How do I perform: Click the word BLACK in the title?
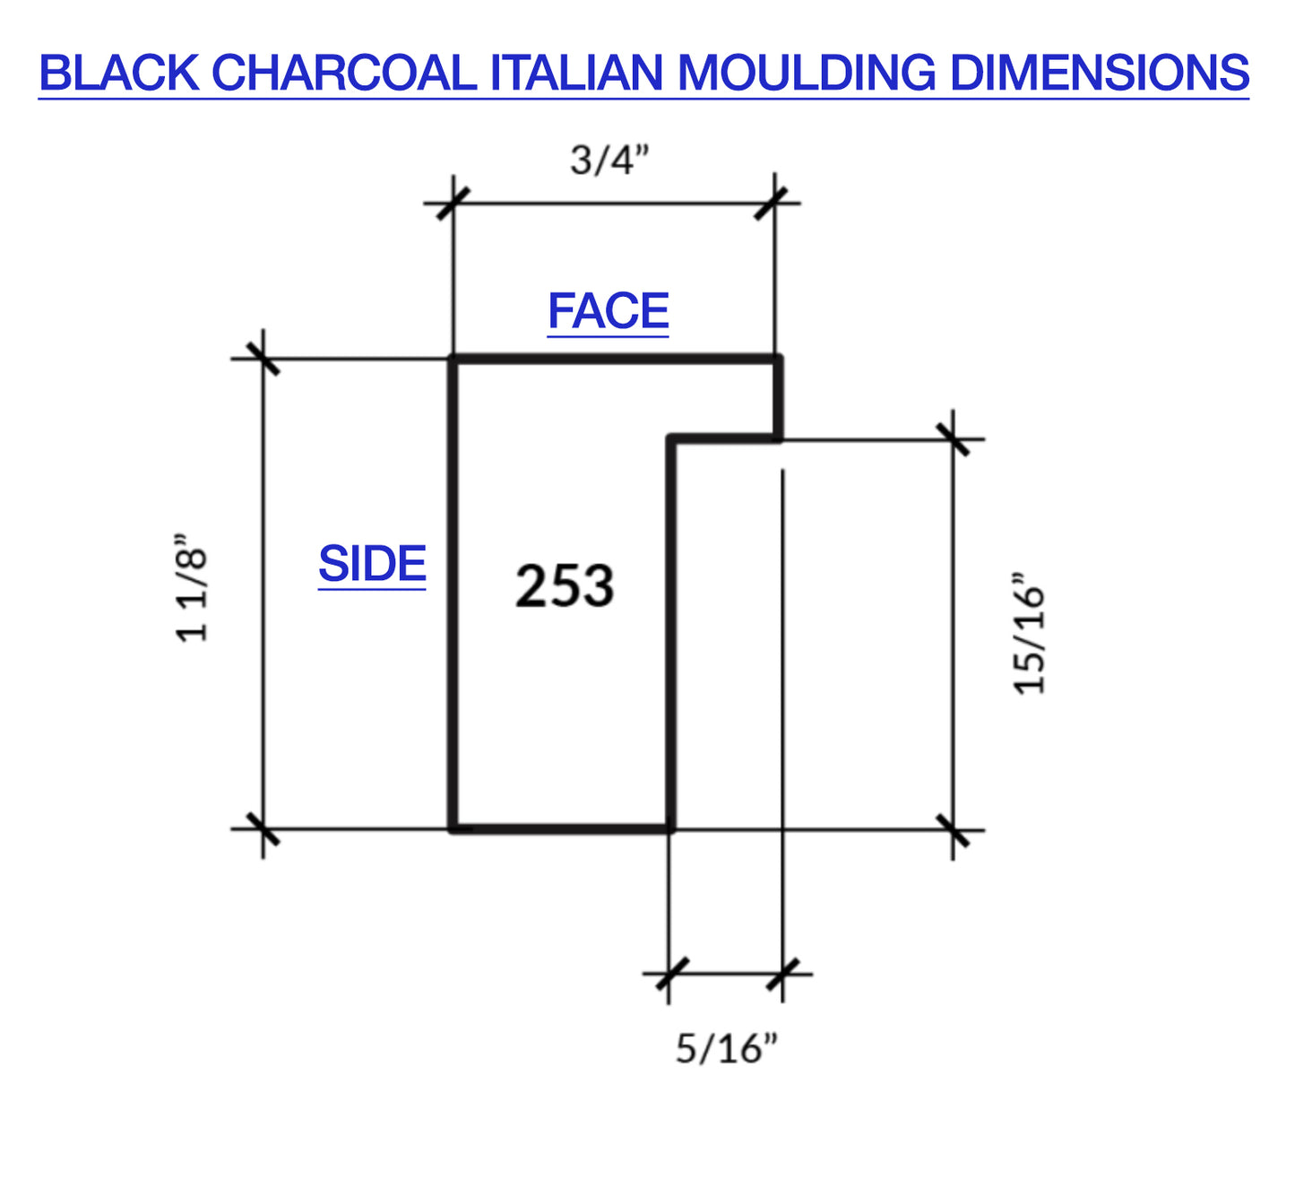point(118,74)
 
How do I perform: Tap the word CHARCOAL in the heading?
point(345,74)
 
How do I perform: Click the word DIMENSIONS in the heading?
point(1099,74)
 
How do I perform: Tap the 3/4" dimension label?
point(609,160)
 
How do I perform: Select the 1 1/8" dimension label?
point(192,588)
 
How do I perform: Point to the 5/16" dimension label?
point(726,1047)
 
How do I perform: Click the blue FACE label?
point(608,312)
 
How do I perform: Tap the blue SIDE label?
point(372,564)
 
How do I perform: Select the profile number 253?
point(565,586)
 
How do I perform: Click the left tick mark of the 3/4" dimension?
point(453,203)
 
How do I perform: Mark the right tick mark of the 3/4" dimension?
point(773,203)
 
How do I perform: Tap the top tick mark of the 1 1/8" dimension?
point(263,359)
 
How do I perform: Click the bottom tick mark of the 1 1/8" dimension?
point(263,829)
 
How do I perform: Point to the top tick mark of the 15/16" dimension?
point(953,439)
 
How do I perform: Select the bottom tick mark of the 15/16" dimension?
point(953,829)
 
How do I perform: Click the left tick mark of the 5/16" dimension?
point(669,973)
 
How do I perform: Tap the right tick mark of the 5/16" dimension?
point(782,973)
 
